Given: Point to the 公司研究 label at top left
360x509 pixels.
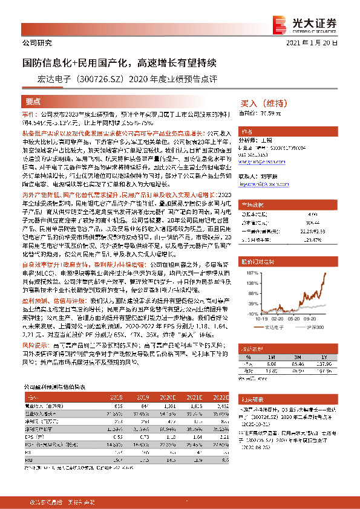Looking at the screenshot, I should pos(38,43).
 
